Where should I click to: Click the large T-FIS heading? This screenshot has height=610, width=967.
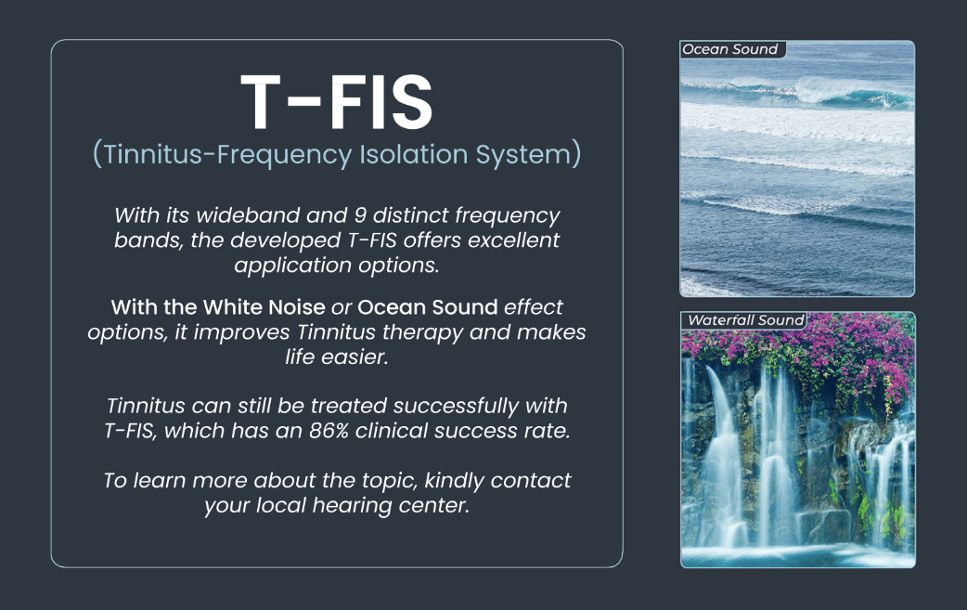click(337, 102)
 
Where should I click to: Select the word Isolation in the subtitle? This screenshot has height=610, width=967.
click(413, 153)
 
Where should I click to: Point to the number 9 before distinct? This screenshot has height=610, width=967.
click(360, 215)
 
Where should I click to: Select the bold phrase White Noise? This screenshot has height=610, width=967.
click(264, 307)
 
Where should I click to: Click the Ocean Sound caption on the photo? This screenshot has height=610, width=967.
click(729, 49)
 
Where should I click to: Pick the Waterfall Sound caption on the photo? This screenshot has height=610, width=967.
click(745, 320)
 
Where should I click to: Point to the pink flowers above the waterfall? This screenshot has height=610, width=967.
click(820, 352)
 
